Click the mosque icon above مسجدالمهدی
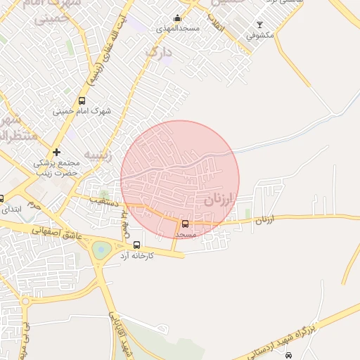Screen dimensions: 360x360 [x=177, y=19]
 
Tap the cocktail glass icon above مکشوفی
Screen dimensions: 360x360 [x=259, y=25]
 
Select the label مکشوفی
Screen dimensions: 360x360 [x=259, y=34]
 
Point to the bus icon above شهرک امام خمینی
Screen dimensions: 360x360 [x=82, y=101]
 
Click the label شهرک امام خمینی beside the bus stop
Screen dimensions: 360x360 [x=82, y=111]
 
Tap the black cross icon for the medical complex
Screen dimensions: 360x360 [x=56, y=152]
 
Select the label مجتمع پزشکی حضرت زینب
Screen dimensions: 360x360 [x=57, y=167]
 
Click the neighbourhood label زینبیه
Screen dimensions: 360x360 [x=98, y=155]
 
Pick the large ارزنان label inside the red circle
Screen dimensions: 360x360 [x=218, y=200]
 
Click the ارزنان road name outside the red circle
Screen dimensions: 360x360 [x=262, y=220]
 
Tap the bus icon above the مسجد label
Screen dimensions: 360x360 [x=186, y=224]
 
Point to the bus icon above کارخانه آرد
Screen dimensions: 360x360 [x=136, y=245]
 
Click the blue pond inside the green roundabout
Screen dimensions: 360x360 [x=101, y=248]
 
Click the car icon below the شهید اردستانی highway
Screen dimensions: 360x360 [x=288, y=355]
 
